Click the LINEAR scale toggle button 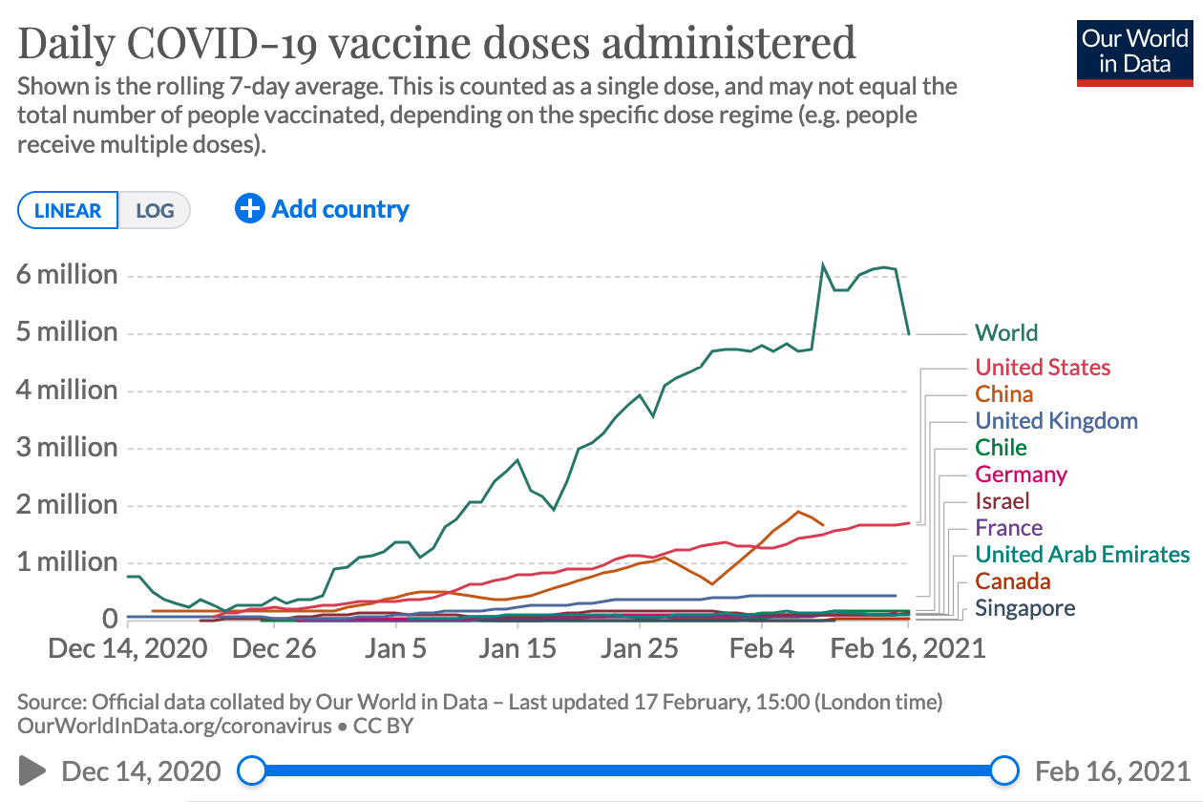[x=68, y=211]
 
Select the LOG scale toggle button [x=155, y=211]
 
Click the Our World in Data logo [x=1134, y=52]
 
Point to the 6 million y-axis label [x=67, y=275]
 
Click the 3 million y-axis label [x=67, y=448]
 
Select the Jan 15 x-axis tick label [x=517, y=649]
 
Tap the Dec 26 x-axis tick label [x=274, y=649]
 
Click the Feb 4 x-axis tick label [x=761, y=649]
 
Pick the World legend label [x=1006, y=333]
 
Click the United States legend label [x=1043, y=368]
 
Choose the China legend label [x=1004, y=394]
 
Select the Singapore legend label [x=1024, y=608]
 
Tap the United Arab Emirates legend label [x=1082, y=555]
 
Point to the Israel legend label [x=1002, y=501]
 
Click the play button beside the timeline [x=32, y=770]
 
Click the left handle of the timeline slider [x=251, y=770]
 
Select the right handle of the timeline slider [x=1004, y=770]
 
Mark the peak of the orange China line [x=798, y=512]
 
